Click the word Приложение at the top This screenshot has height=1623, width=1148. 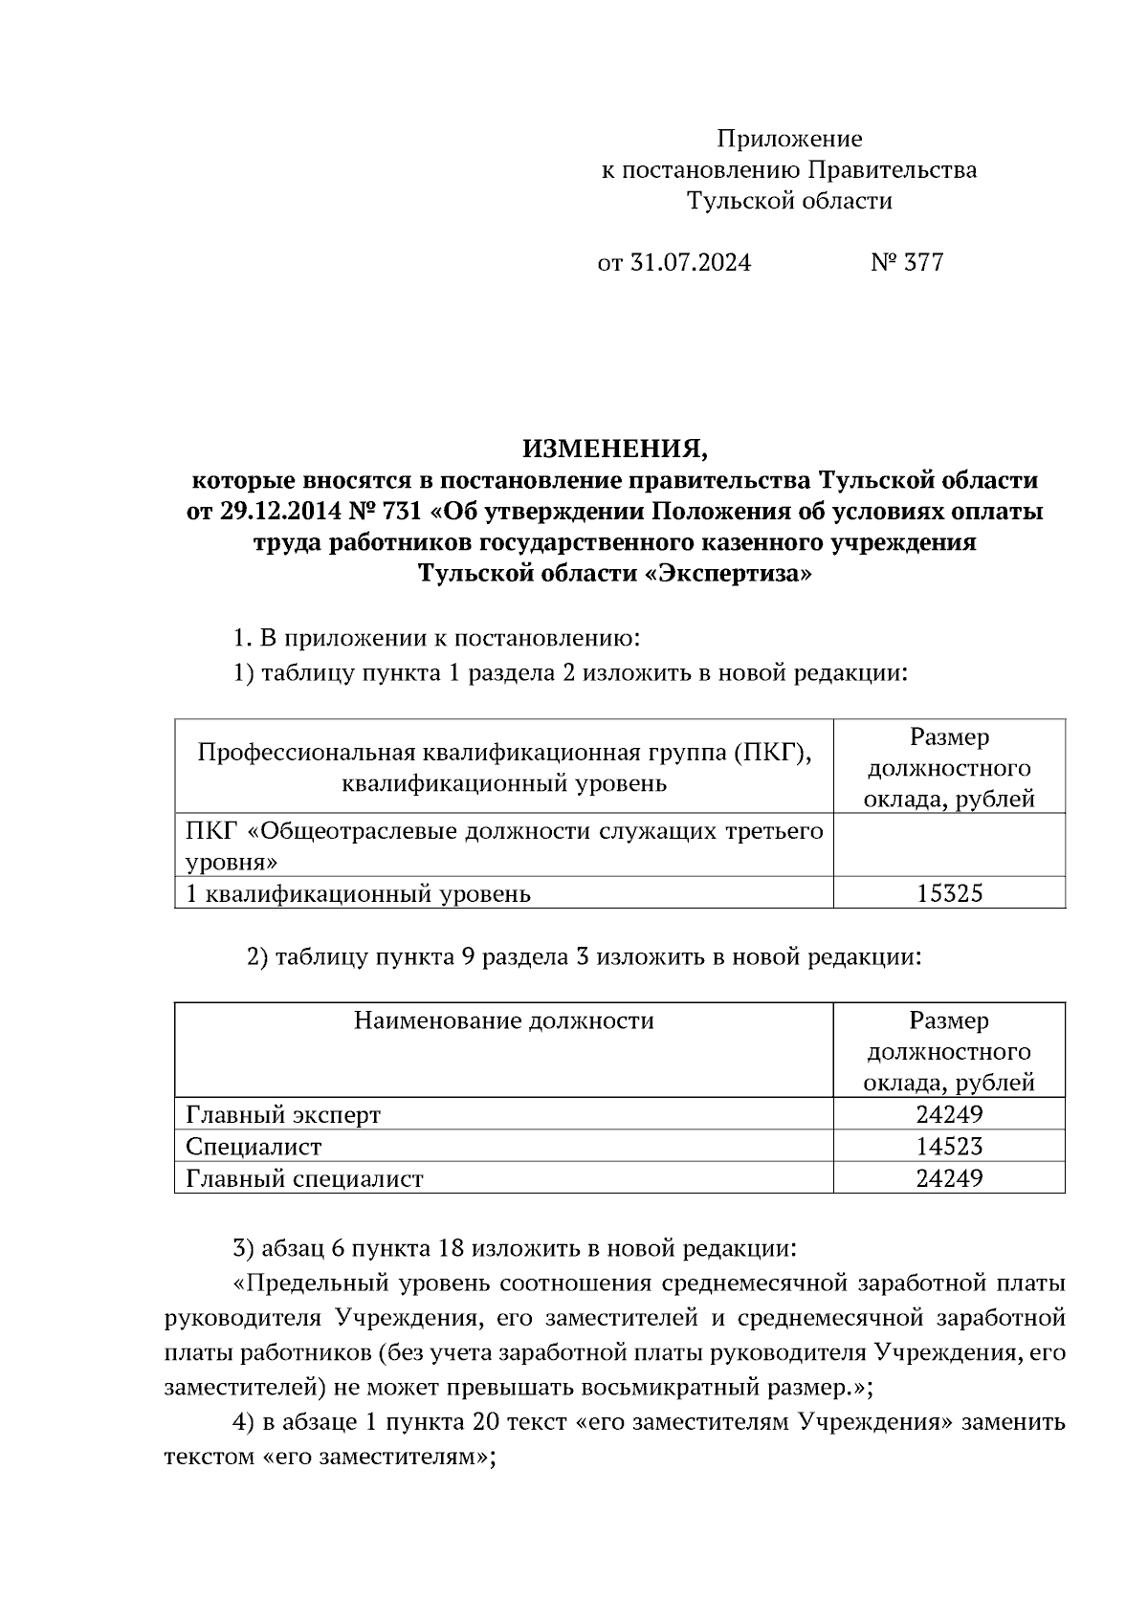[x=789, y=140]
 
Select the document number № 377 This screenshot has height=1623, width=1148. [x=907, y=263]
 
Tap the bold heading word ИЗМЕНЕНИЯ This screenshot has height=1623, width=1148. [x=613, y=448]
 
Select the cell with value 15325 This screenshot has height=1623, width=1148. [x=949, y=894]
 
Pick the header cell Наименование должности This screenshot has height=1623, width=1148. [x=503, y=1021]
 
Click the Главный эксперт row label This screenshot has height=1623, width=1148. [x=283, y=1115]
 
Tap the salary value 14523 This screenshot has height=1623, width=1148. [x=949, y=1147]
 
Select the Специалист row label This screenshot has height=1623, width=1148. [x=254, y=1147]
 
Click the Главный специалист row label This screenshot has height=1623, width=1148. [x=304, y=1178]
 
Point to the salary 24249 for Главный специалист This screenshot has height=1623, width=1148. [x=949, y=1178]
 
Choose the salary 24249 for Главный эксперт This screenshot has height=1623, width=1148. [x=949, y=1115]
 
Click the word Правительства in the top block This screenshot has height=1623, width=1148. [x=893, y=171]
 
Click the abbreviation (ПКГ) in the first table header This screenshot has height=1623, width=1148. [x=772, y=754]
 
